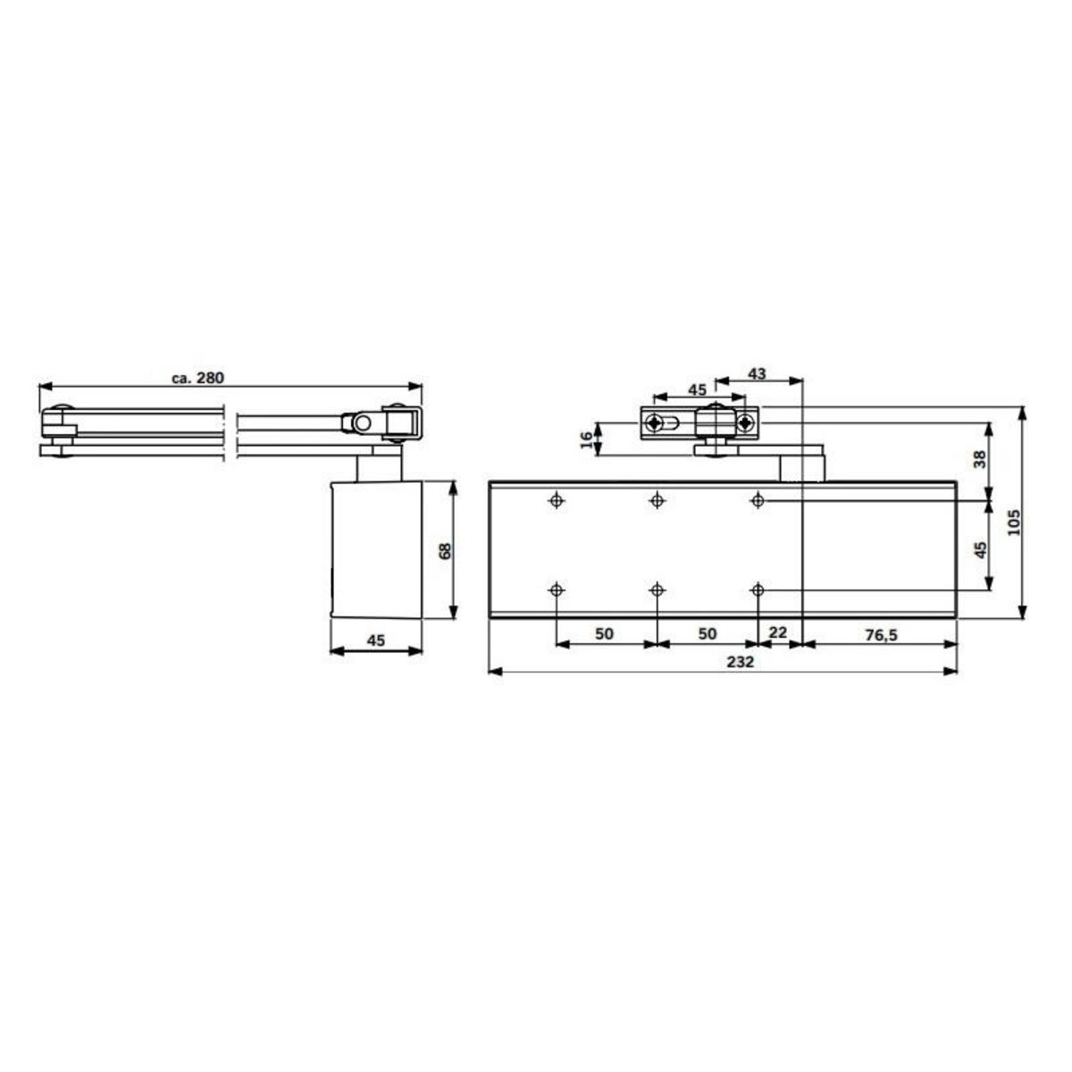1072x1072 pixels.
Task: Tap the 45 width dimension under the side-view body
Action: point(376,639)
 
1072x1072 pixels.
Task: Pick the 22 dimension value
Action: point(778,632)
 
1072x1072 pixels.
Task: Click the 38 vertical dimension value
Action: point(980,460)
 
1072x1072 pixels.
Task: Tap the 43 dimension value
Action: point(756,373)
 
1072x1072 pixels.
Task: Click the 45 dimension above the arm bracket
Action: point(696,389)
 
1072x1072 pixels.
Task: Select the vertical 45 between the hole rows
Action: point(980,549)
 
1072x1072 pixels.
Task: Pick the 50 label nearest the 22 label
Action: point(707,633)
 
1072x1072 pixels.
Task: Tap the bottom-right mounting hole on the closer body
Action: point(758,590)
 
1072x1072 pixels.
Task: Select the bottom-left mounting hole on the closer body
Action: point(557,590)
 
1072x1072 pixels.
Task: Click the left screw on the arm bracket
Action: point(657,423)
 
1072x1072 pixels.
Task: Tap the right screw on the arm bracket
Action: point(744,423)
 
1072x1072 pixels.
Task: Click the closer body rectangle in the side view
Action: point(375,548)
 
